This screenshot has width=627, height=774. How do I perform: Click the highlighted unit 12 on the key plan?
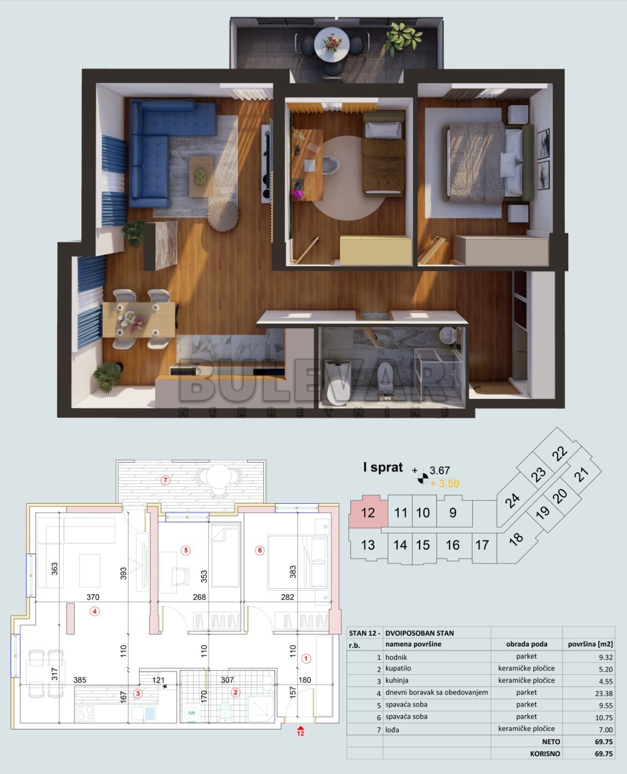(x=367, y=512)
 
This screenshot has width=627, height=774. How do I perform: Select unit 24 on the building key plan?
(x=513, y=500)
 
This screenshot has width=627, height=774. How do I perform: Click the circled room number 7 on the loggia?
(x=165, y=480)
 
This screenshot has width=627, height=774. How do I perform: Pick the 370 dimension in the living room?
(x=93, y=597)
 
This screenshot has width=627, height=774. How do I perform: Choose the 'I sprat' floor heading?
(x=383, y=467)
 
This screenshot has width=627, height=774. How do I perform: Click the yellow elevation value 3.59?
(x=448, y=483)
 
